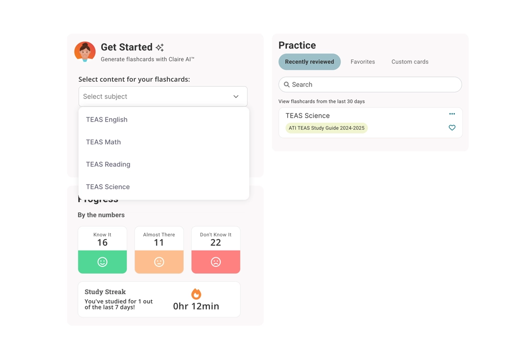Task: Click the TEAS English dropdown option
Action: pos(107,120)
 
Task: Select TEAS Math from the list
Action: pos(103,142)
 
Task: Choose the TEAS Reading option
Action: pos(108,164)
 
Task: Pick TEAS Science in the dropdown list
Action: pos(108,187)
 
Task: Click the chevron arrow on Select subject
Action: pos(236,97)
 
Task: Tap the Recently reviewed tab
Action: pos(309,62)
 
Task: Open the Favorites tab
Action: pos(362,62)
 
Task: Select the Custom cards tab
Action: pos(410,62)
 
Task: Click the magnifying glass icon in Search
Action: pos(287,85)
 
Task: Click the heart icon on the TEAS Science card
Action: pos(452,128)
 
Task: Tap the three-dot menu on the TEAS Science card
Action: pos(452,114)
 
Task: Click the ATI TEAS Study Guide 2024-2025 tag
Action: pos(327,128)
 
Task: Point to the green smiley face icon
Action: pos(102,262)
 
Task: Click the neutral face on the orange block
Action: pos(159,262)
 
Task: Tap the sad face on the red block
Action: pos(216,262)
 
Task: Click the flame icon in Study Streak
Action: pos(196,294)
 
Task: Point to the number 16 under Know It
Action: pos(102,243)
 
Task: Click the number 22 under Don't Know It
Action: pos(216,243)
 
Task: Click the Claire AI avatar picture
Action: pos(85,52)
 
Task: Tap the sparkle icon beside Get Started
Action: pos(160,48)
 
